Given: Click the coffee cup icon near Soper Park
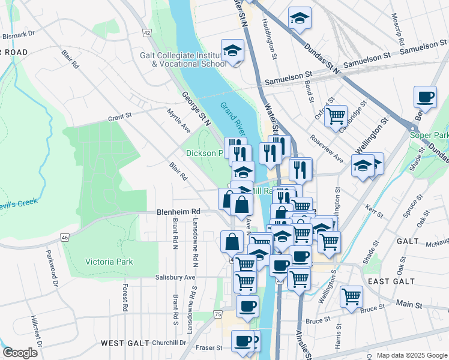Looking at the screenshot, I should click(426, 97).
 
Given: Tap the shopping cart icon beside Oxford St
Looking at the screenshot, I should click(336, 115).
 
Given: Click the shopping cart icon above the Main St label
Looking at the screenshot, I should click(351, 296).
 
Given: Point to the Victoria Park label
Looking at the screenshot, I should click(109, 262).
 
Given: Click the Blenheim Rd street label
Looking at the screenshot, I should click(178, 212).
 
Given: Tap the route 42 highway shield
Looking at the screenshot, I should click(147, 33).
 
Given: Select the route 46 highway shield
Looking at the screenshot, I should click(65, 238).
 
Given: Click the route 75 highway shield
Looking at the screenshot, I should click(217, 314).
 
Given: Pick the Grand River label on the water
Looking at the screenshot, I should click(233, 119).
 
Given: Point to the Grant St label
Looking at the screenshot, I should click(120, 118).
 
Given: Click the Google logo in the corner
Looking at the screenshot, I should click(20, 353).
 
